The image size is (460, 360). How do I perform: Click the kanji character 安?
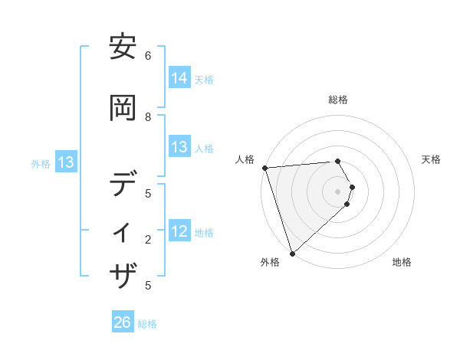point(123,48)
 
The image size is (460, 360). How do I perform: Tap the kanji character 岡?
point(123,109)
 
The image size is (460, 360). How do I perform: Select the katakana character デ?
point(123,185)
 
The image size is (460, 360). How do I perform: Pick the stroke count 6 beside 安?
point(148,56)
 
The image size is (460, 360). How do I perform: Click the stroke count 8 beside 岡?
point(148,116)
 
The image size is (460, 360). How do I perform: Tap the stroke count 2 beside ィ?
point(148,240)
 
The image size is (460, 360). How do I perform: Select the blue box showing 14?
point(179,78)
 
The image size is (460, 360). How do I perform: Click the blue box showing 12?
point(179,231)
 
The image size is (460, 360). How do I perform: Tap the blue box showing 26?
point(122,322)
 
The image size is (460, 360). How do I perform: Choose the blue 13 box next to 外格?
point(65,162)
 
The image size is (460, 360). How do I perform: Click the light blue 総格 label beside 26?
point(147,324)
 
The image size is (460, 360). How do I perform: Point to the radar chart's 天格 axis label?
point(432,159)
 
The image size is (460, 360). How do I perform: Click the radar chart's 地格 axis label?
point(402,262)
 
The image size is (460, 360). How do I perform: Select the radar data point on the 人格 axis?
point(264,168)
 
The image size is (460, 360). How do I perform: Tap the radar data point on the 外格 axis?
point(292,253)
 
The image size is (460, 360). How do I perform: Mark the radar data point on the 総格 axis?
point(337,162)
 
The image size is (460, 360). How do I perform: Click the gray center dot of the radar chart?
point(337,191)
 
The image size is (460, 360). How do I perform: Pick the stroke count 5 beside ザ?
point(148,286)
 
